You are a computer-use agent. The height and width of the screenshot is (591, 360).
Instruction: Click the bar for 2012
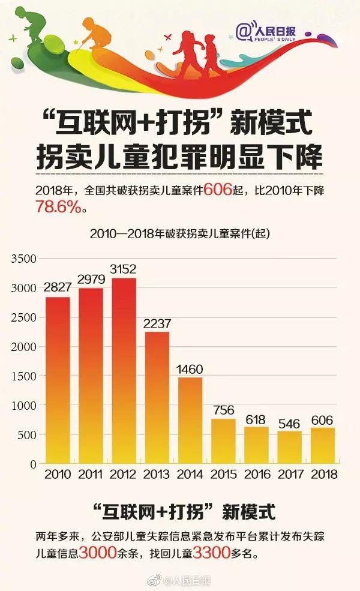coord(124,371)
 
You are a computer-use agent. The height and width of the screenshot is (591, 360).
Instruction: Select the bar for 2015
coord(223,441)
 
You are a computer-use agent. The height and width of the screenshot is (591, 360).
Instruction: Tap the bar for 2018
coord(322,445)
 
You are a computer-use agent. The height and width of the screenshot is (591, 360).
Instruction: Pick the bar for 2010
coord(57,380)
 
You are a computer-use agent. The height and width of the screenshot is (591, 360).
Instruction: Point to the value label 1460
coord(190,368)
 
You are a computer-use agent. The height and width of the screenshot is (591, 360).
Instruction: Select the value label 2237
coord(157,324)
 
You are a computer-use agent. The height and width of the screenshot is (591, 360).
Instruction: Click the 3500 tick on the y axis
coord(25,259)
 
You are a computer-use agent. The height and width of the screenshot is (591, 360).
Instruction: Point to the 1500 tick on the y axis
coord(25,376)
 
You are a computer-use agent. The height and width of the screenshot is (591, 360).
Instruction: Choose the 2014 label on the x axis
coord(190,474)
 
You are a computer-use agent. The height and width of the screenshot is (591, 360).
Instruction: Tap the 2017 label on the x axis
coord(289,474)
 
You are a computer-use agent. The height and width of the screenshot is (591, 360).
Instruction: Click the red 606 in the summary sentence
coord(218,190)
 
